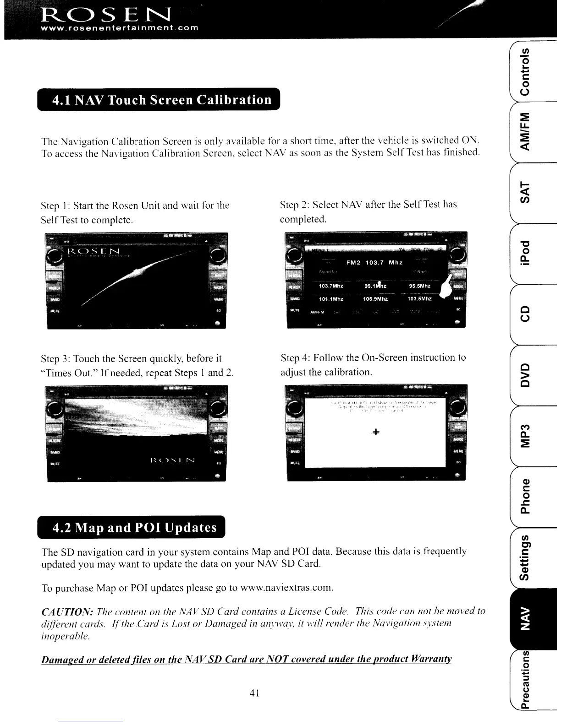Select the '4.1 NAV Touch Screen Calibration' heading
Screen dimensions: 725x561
click(162, 100)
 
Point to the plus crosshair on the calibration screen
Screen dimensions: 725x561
click(375, 432)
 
